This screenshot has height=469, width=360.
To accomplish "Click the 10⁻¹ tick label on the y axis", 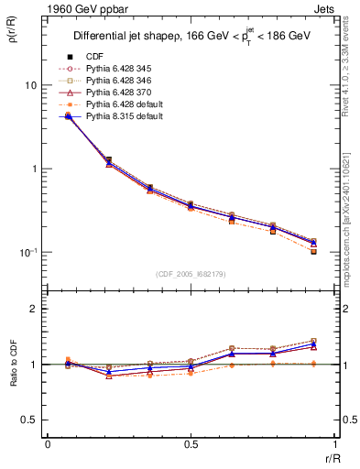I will pos(27,253).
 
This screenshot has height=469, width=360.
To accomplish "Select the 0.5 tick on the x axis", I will pos(191,444).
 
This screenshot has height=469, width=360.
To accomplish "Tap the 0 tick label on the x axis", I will pos(48,444).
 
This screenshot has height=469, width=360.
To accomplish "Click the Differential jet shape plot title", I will pos(191,37).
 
